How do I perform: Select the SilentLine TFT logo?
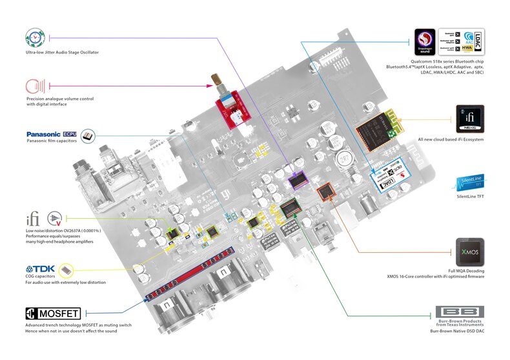point(470,181)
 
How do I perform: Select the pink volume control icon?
point(36,86)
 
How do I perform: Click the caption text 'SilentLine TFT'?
point(470,196)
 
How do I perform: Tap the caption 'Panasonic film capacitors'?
point(52,141)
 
